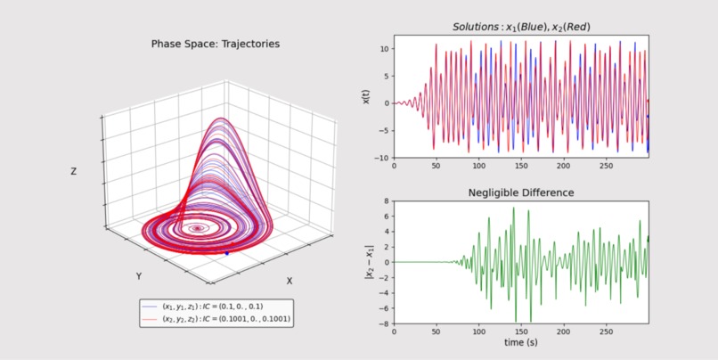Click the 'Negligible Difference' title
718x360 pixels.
click(521, 192)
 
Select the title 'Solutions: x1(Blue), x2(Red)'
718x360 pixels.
click(521, 28)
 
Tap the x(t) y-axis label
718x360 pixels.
click(365, 96)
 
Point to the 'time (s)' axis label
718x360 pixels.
click(521, 342)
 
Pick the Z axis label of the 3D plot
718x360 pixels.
click(76, 172)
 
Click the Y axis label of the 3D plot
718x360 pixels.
click(138, 276)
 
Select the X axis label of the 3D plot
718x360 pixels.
click(289, 281)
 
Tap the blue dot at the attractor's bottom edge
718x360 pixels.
click(226, 254)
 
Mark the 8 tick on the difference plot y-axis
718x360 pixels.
click(385, 201)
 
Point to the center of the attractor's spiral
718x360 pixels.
click(196, 228)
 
